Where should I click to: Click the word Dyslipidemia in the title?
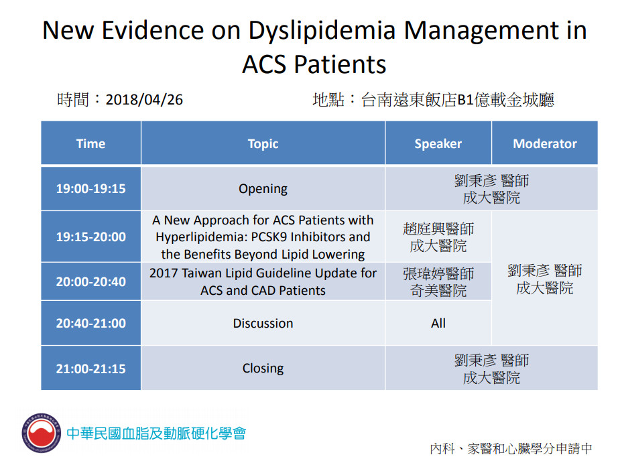(x=322, y=31)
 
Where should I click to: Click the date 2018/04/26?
(x=144, y=100)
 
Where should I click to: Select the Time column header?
(x=91, y=143)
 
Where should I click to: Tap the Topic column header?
(x=263, y=143)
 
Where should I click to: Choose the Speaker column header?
(x=438, y=143)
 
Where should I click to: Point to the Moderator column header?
(x=545, y=143)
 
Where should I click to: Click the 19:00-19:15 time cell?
(x=91, y=188)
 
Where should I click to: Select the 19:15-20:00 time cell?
(x=91, y=237)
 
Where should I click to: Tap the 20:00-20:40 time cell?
(x=91, y=281)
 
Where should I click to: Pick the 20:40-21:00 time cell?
(x=91, y=323)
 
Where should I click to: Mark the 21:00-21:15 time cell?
(x=91, y=368)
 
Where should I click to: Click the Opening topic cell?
(x=263, y=188)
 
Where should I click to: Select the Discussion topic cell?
(x=263, y=323)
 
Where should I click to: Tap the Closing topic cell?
(x=263, y=368)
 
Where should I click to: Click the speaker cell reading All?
(x=438, y=323)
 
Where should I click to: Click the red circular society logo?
(x=42, y=433)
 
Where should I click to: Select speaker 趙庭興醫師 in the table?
(x=438, y=229)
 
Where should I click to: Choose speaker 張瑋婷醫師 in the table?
(x=438, y=273)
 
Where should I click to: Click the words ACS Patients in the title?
(x=314, y=64)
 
